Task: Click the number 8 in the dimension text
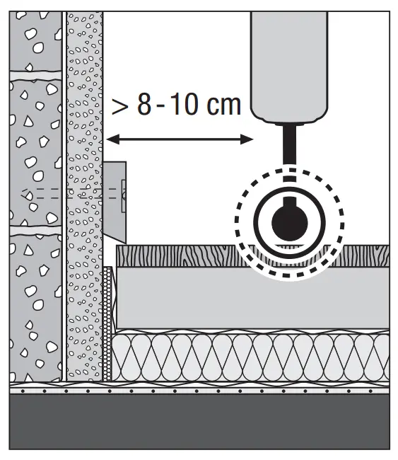point(144,105)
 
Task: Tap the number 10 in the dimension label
point(183,105)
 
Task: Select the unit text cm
point(223,105)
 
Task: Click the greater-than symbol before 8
point(120,107)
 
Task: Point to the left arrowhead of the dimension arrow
point(112,139)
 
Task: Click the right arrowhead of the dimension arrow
point(247,139)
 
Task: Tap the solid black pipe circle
point(290,222)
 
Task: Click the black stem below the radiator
point(289,144)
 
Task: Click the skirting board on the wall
point(115,202)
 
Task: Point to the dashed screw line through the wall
point(74,194)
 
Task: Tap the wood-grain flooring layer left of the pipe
point(176,255)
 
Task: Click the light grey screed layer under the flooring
point(253,298)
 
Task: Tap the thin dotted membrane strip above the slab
point(199,391)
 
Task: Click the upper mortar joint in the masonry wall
point(36,76)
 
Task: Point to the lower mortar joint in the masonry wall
point(36,231)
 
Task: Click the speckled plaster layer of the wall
point(85,196)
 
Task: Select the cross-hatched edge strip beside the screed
point(107,323)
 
